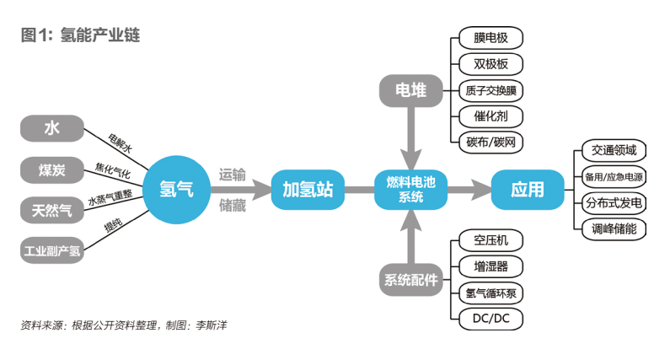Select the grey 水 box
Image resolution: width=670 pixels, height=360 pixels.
(x=52, y=128)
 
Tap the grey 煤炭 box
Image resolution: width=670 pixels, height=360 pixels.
(x=52, y=169)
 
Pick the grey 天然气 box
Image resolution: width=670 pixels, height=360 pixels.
(x=52, y=209)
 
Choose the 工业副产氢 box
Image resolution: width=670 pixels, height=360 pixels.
(x=52, y=249)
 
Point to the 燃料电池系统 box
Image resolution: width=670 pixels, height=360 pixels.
(x=410, y=190)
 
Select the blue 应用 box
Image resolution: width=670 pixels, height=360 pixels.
(x=528, y=190)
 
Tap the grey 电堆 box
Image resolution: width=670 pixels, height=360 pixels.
(x=410, y=90)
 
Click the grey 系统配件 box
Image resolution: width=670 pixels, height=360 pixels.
(x=410, y=280)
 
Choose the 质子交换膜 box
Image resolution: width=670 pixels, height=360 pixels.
(x=491, y=89)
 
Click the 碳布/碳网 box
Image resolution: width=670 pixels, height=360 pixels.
(x=491, y=142)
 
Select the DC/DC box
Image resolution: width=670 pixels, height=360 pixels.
(x=491, y=319)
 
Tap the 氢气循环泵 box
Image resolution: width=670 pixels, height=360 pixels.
(x=491, y=293)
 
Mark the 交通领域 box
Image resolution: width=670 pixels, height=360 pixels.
(x=614, y=151)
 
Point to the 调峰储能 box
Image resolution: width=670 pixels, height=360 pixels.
(x=614, y=228)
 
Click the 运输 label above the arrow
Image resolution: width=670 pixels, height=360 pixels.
(x=233, y=175)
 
